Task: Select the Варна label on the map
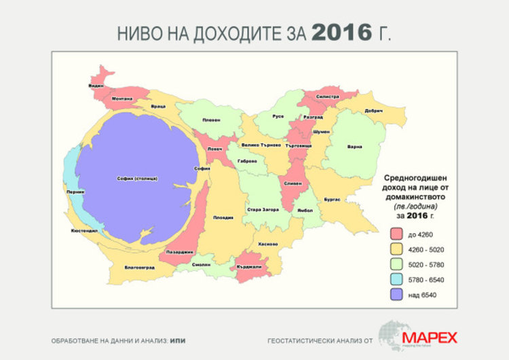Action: point(354,147)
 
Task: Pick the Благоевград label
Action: point(140,267)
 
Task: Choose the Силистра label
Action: point(327,97)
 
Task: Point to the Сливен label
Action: point(293,184)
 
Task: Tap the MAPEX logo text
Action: point(429,338)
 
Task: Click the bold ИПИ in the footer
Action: point(178,339)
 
